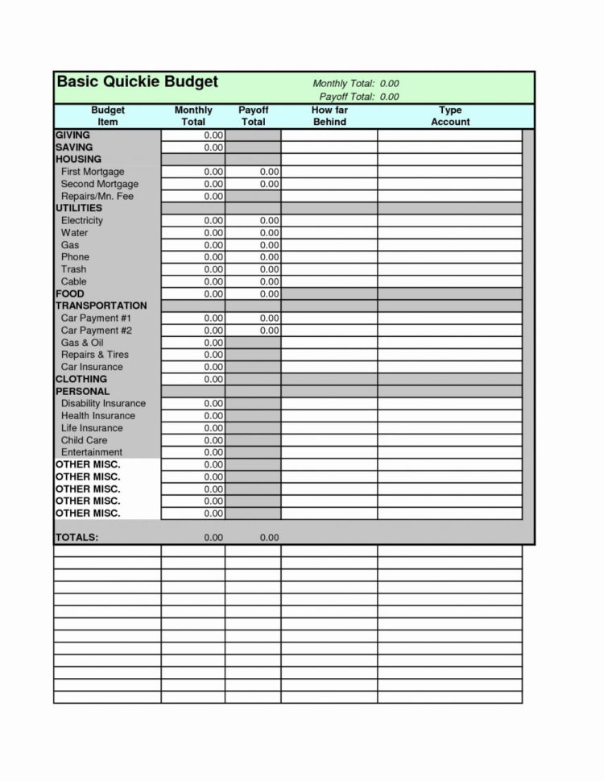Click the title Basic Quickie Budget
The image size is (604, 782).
coord(137,83)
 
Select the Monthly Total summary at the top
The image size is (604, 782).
coord(355,84)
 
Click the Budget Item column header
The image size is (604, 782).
coord(107,116)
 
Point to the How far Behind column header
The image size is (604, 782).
coord(329,116)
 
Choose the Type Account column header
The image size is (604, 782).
coord(449,116)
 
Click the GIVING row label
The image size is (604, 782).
coord(72,135)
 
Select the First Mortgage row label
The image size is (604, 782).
coord(93,172)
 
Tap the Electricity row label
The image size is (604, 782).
coord(82,220)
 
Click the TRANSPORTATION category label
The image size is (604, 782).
coord(101,306)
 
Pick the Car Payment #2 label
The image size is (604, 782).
coord(97,331)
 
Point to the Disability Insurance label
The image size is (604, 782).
coord(103,403)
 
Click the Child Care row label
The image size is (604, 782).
coord(84,440)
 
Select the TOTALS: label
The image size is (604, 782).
coord(77,538)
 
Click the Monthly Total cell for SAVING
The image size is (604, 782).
coord(193,148)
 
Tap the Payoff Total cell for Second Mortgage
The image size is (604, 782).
coord(253,184)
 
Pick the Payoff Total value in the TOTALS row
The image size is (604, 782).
coord(269,538)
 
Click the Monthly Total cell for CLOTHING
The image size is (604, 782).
coord(193,379)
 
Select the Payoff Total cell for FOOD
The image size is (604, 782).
coord(253,294)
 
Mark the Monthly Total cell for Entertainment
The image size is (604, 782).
coord(193,452)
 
